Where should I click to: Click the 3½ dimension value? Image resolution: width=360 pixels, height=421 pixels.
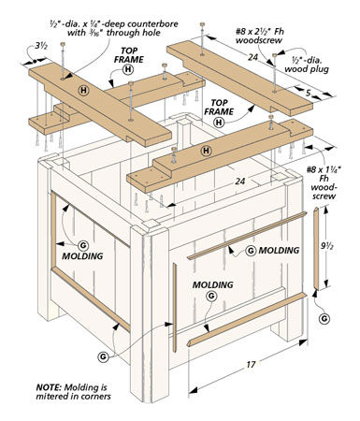coord(41,46)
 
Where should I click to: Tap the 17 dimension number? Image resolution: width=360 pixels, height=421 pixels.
coord(251,364)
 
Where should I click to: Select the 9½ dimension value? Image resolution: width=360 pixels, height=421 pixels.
coord(327,246)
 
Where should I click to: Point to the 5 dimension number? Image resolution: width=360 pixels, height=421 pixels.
coord(309,93)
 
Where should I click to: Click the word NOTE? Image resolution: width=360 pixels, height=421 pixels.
coord(48,387)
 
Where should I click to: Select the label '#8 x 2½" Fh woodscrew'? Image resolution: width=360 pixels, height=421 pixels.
coord(259,36)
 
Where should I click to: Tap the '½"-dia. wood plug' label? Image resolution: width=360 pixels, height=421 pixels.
coord(307,65)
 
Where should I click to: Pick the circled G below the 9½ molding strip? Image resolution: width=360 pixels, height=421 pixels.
coord(324,319)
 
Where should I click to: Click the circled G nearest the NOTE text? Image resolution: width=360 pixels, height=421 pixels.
coord(103,356)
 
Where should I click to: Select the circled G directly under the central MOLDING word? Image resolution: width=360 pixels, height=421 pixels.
coord(212,296)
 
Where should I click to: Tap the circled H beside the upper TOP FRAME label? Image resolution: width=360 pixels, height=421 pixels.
coord(128,69)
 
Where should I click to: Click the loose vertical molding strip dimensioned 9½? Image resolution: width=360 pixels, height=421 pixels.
coord(316,248)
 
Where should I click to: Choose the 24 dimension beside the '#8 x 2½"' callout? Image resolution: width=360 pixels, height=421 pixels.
coord(253,57)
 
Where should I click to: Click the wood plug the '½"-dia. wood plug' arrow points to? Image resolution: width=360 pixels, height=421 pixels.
coord(274,55)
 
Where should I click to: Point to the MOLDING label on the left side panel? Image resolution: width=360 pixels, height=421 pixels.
coord(82,256)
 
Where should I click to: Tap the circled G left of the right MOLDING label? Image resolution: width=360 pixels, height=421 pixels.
coord(251,251)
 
